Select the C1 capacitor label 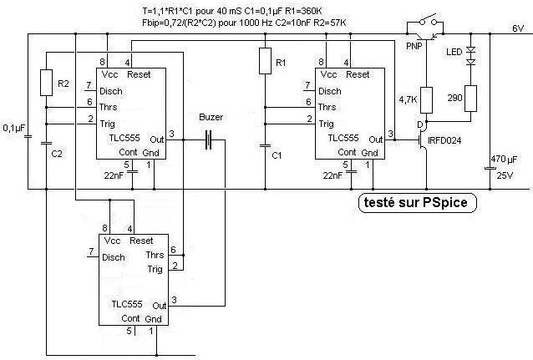pos(279,156)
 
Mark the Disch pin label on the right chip pos(331,90)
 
